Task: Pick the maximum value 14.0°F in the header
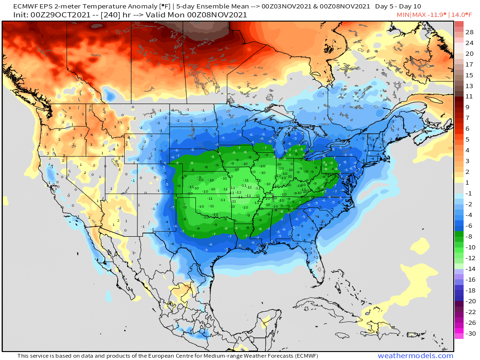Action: click(462, 15)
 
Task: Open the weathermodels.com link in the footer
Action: click(415, 356)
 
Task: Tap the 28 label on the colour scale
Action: click(469, 32)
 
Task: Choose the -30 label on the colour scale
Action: click(469, 334)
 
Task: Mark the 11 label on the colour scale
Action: click(469, 97)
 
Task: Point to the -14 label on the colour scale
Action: click(469, 269)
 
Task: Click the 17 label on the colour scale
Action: click(469, 64)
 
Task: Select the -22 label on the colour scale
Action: click(469, 312)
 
